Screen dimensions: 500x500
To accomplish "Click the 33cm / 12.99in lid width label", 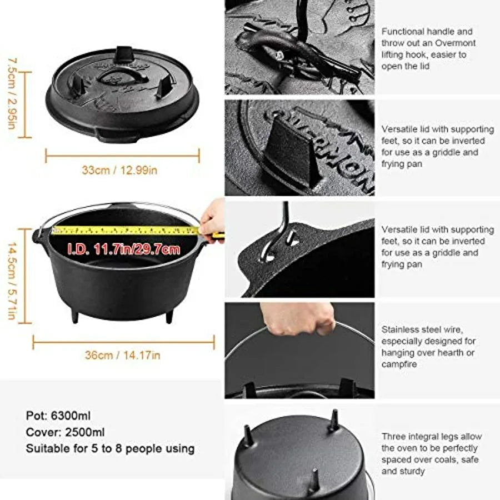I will click(119, 170).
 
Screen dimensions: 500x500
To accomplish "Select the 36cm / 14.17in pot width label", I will click(122, 355).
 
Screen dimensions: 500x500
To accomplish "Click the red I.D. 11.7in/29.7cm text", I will click(124, 249).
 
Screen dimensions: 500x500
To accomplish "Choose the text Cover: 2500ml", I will click(66, 432).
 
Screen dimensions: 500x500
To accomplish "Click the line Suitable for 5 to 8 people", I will click(110, 448).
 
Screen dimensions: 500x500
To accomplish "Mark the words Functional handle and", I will click(427, 32).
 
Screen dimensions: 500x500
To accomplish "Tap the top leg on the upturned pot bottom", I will click(333, 421).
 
